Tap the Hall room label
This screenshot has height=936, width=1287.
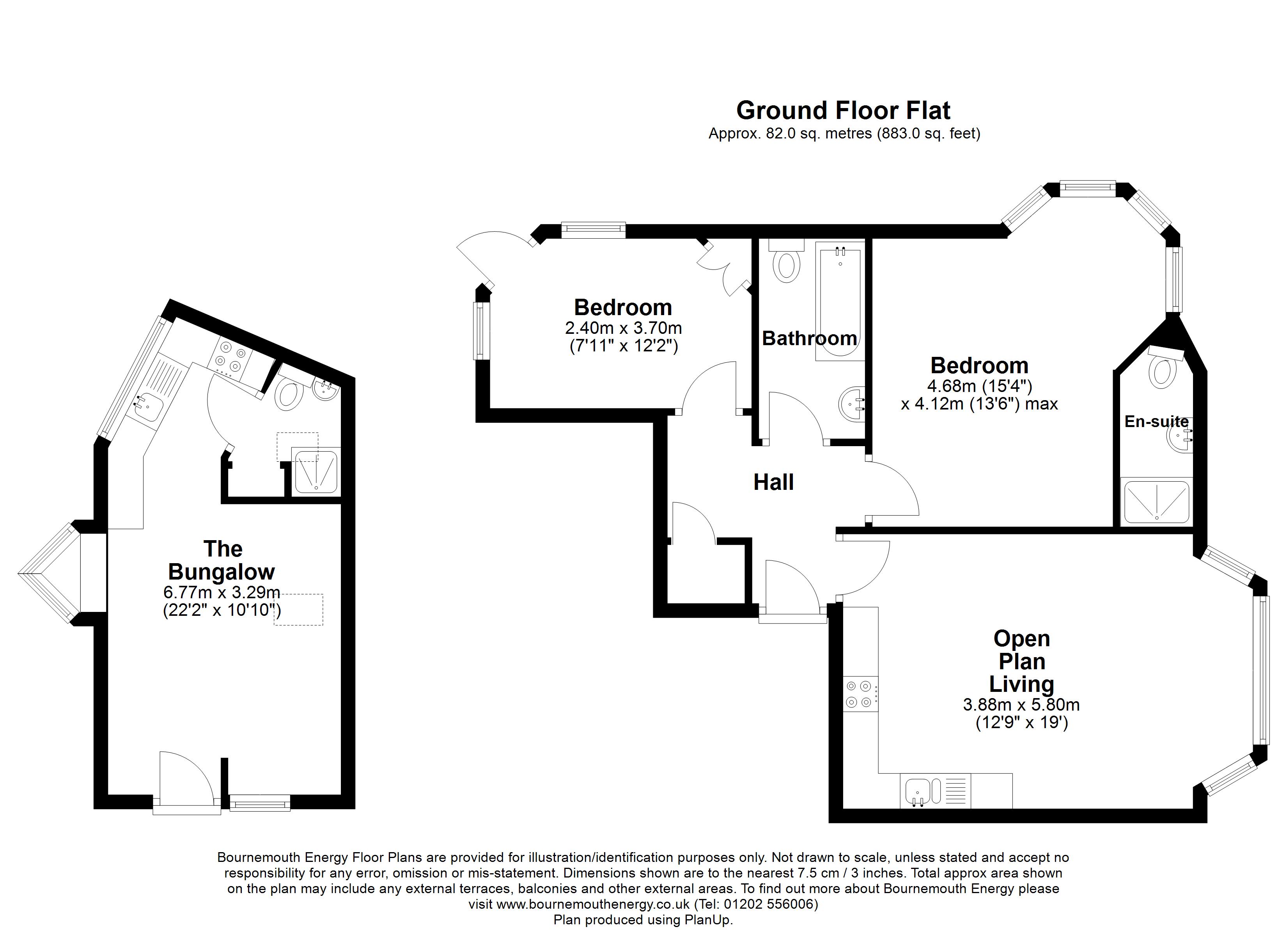pyautogui.click(x=773, y=482)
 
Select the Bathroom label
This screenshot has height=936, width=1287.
pyautogui.click(x=809, y=338)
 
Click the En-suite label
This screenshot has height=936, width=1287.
pyautogui.click(x=1156, y=421)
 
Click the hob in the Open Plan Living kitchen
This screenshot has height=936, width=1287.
pyautogui.click(x=860, y=694)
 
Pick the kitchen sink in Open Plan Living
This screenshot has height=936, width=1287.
pyautogui.click(x=918, y=791)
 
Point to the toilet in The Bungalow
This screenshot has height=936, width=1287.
pyautogui.click(x=289, y=395)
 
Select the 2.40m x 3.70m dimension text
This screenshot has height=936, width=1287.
pyautogui.click(x=623, y=328)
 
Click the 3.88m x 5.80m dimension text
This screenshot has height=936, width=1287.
pyautogui.click(x=1021, y=705)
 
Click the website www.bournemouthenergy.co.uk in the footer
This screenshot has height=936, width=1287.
pyautogui.click(x=593, y=904)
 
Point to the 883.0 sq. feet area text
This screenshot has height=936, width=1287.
pyautogui.click(x=928, y=134)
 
